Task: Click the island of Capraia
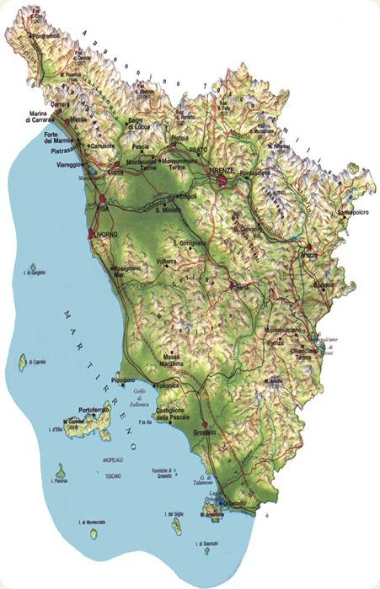click(23, 363)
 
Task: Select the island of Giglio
click(177, 527)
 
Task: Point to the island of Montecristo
click(93, 533)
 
